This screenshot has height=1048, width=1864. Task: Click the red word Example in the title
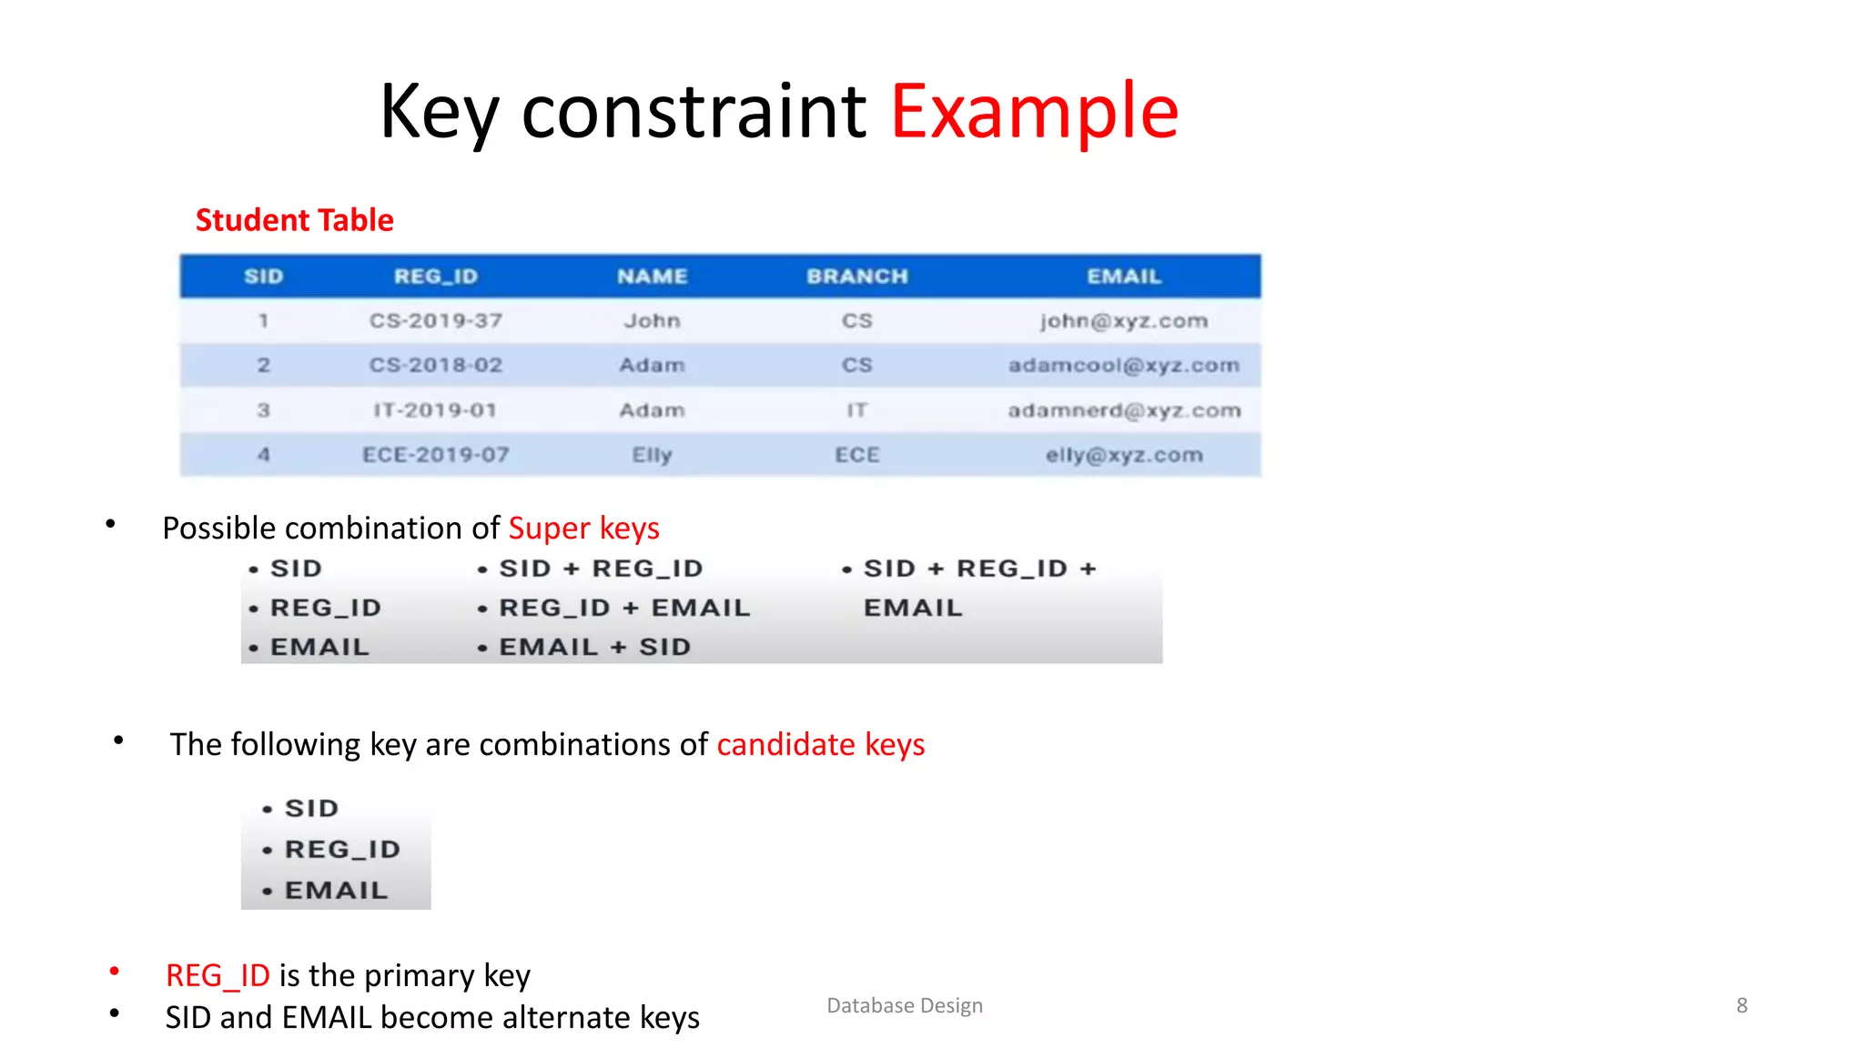coord(1034,113)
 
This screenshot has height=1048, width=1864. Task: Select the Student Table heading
coord(294,220)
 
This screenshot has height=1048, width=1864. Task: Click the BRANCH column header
coord(856,277)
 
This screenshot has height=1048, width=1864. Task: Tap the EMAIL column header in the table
coord(1123,277)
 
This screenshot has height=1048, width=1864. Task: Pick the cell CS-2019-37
coord(435,321)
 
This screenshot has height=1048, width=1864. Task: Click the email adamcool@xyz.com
coord(1123,366)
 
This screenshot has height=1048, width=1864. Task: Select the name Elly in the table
coord(652,455)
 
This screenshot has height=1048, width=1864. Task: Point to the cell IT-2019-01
coord(435,410)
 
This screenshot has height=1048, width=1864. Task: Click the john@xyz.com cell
coord(1123,321)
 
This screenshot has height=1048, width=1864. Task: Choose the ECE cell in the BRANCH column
coord(856,455)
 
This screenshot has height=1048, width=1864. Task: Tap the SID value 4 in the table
coord(263,455)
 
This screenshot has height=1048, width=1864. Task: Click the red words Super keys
coord(583,529)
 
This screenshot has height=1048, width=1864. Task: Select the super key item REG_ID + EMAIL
coord(624,608)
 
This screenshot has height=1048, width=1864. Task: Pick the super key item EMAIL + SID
coord(594,647)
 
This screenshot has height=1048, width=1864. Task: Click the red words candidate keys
coord(820,745)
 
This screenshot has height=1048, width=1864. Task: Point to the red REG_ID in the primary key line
coord(218,976)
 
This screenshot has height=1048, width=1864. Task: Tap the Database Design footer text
coord(904,1005)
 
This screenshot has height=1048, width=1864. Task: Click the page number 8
coord(1741,1005)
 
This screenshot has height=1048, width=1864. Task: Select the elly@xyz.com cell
coord(1123,455)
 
